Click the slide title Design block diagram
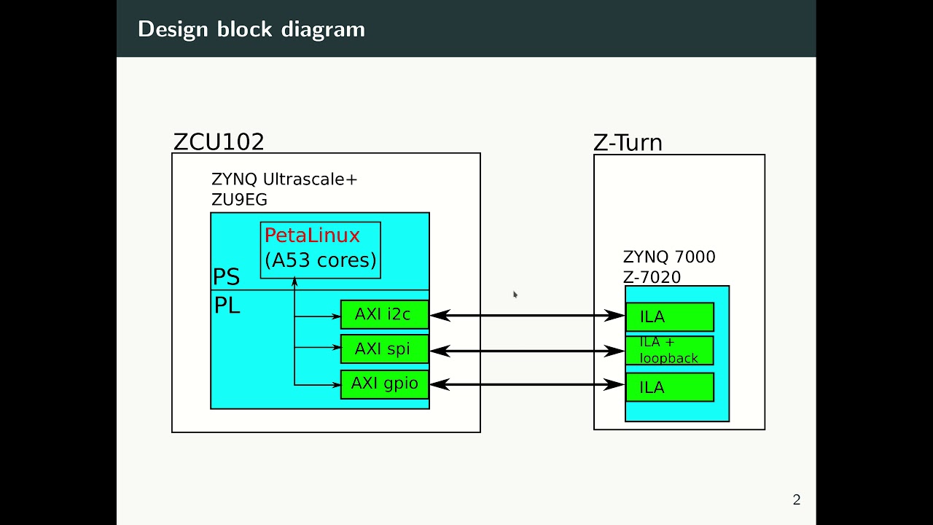click(251, 29)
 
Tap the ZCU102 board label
click(219, 141)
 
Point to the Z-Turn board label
click(628, 142)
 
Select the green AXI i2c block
click(384, 315)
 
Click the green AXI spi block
click(384, 349)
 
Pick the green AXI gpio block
click(384, 384)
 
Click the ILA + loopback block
click(669, 351)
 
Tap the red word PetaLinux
click(312, 236)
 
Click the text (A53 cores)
click(321, 260)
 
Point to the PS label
click(226, 277)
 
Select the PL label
click(227, 306)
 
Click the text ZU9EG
click(239, 200)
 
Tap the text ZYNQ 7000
click(669, 257)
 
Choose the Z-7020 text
click(652, 277)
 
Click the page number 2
click(796, 500)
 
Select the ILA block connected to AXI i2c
click(669, 317)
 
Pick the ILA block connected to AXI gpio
click(669, 387)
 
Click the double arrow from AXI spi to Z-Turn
click(527, 351)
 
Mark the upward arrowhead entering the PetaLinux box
click(294, 281)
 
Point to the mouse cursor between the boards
click(515, 295)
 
